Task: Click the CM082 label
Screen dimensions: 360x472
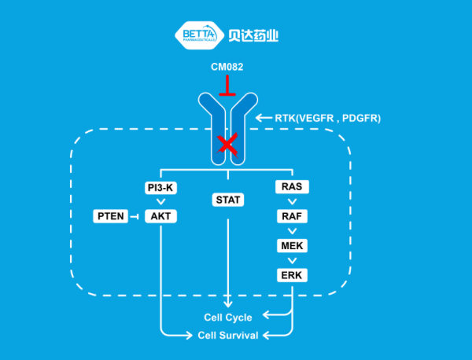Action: pos(227,67)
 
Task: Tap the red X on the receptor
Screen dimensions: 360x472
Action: pos(227,144)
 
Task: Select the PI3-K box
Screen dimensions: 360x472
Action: pos(160,187)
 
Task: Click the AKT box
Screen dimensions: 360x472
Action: pos(160,216)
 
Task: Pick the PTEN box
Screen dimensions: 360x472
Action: pos(111,216)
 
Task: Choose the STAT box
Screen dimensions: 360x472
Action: pos(227,200)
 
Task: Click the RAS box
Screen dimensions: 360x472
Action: pos(292,187)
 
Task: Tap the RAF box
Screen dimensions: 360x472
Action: pos(292,216)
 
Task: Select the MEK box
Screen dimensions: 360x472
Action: pos(292,245)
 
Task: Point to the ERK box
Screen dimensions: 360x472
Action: pos(292,275)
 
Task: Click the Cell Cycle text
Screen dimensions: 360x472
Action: pos(228,318)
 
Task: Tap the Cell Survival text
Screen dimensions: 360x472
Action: pos(228,336)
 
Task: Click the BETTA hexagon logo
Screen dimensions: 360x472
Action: pos(199,35)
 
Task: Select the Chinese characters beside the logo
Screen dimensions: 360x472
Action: pos(254,35)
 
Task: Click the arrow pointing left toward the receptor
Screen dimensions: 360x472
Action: pos(264,119)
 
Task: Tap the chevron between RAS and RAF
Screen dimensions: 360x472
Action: pos(292,202)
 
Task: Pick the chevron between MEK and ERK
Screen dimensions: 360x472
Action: pos(292,260)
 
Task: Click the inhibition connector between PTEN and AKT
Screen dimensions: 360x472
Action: pos(135,216)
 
